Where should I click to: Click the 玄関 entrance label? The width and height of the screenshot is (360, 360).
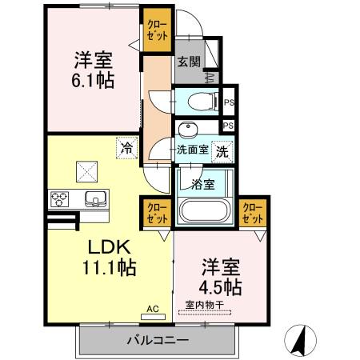coord(188,61)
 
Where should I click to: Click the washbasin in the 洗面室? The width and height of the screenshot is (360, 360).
coord(187,130)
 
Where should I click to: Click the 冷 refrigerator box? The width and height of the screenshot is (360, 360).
coord(126,146)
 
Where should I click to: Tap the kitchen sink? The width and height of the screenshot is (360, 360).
coord(92,199)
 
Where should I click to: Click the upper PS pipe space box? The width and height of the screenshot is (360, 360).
coord(229,102)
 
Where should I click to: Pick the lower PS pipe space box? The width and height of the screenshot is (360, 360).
coord(229,126)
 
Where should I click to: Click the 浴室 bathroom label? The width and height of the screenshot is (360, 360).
coord(202,183)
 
